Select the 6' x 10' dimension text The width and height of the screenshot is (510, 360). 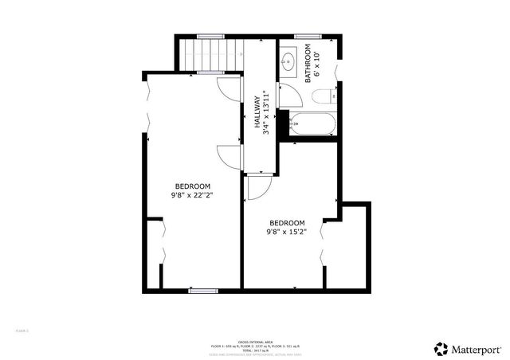point(317,63)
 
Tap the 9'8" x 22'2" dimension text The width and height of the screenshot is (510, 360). point(192,194)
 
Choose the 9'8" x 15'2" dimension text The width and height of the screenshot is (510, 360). point(287,232)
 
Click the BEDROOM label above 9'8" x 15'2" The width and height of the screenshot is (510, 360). point(287,222)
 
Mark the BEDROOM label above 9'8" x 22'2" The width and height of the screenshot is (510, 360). point(192,186)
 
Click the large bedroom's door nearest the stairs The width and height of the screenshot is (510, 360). point(229,88)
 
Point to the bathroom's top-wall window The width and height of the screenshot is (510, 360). point(307,36)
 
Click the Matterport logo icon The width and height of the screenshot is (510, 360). point(441,348)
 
